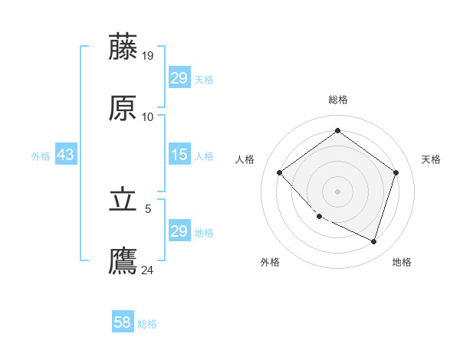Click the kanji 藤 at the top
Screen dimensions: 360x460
pos(123,47)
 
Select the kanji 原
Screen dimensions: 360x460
pos(123,108)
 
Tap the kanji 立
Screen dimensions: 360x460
pos(123,200)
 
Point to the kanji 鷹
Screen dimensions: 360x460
pos(123,261)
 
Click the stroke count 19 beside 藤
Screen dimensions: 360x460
pos(148,55)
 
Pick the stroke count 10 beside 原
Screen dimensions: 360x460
pos(148,116)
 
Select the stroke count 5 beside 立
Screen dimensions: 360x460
pos(148,208)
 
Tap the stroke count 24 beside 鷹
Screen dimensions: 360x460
pos(148,270)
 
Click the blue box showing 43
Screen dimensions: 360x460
pos(66,155)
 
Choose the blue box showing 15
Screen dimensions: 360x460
pos(179,155)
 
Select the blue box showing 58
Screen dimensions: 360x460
pos(123,322)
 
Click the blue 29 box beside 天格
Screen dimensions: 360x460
pos(179,78)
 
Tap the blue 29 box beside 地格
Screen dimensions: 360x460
pos(179,231)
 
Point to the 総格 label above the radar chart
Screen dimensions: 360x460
pos(338,100)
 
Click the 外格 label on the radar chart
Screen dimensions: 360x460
pos(270,262)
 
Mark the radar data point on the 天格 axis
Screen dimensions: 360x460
pos(396,172)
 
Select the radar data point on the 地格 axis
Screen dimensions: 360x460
pos(373,241)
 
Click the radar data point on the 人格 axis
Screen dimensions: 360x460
pos(280,172)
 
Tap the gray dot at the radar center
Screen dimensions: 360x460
pos(338,191)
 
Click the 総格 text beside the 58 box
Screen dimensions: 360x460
pos(147,324)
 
